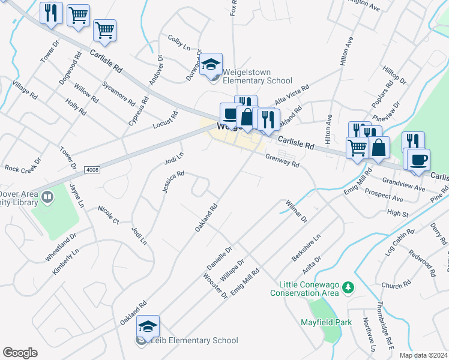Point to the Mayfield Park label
[x=325, y=322]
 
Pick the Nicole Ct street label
[x=109, y=215]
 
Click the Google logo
[x=20, y=353]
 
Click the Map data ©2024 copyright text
[x=423, y=355]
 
